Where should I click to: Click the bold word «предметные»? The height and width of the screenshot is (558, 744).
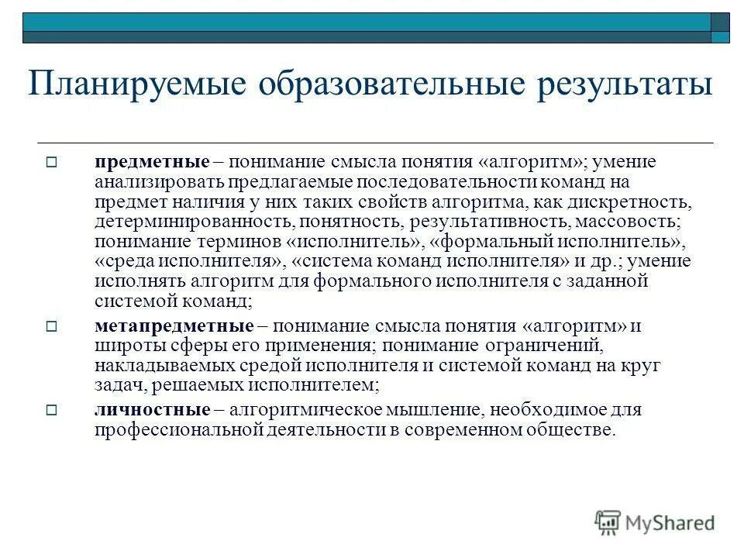(152, 162)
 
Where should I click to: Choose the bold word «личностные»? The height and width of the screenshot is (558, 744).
(152, 410)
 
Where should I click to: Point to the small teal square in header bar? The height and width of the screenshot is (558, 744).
(720, 36)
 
